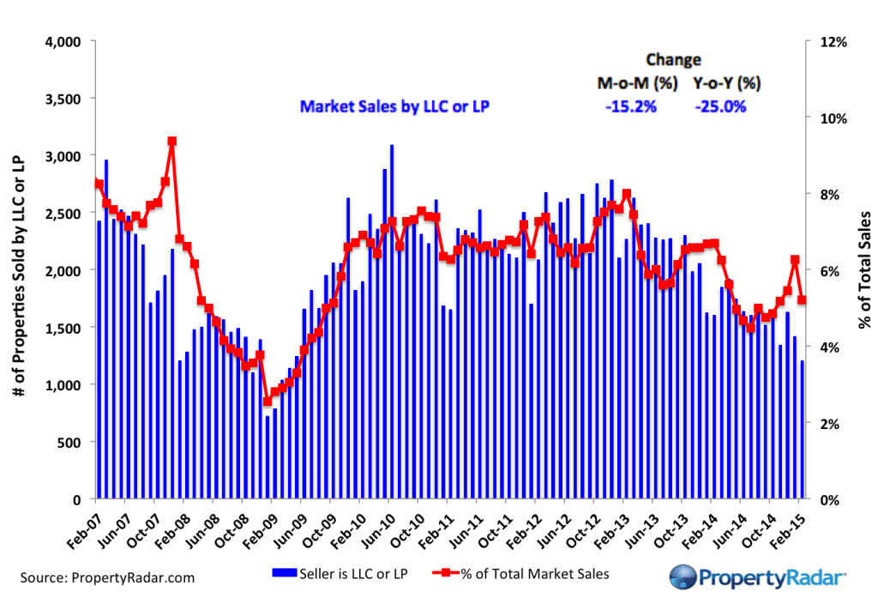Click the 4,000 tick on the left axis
[62, 41]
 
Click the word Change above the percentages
[673, 60]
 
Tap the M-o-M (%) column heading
[638, 84]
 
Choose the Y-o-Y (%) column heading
[727, 84]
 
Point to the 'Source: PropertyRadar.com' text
[103, 577]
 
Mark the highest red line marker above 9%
[172, 141]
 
